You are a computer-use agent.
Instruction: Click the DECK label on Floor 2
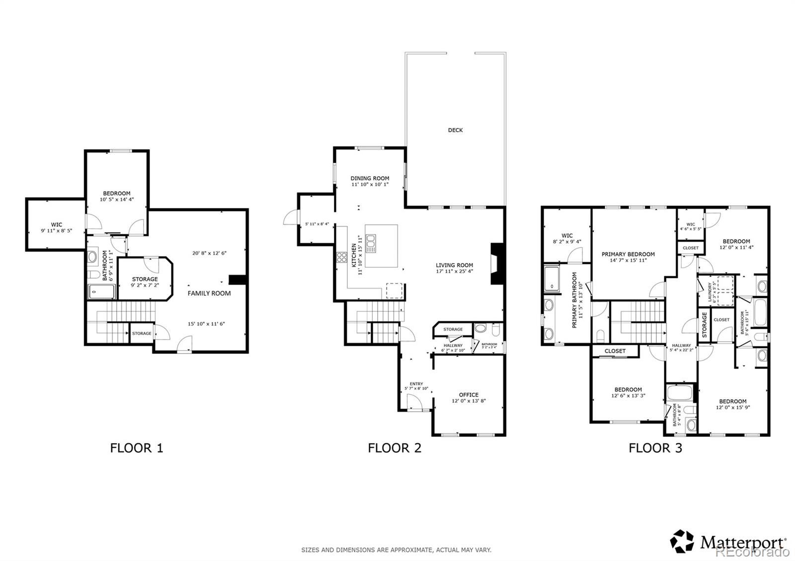455,130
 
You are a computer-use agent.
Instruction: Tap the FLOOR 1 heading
137,448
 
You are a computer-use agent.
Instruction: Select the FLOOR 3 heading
655,448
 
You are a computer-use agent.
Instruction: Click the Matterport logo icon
682,541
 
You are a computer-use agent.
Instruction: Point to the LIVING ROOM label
454,265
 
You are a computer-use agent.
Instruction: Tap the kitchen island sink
371,241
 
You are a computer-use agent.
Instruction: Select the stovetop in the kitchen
342,257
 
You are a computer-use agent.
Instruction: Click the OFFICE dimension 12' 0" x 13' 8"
469,401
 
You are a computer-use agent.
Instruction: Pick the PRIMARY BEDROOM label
628,254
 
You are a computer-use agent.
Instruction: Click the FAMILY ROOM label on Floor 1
209,293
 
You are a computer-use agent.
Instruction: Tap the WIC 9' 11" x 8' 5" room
56,227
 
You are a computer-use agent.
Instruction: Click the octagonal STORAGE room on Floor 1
145,281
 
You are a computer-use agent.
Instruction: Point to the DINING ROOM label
370,178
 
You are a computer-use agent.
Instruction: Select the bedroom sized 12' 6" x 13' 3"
628,393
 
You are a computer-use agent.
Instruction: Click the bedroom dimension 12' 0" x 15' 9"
732,407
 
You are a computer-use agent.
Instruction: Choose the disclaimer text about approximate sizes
396,550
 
